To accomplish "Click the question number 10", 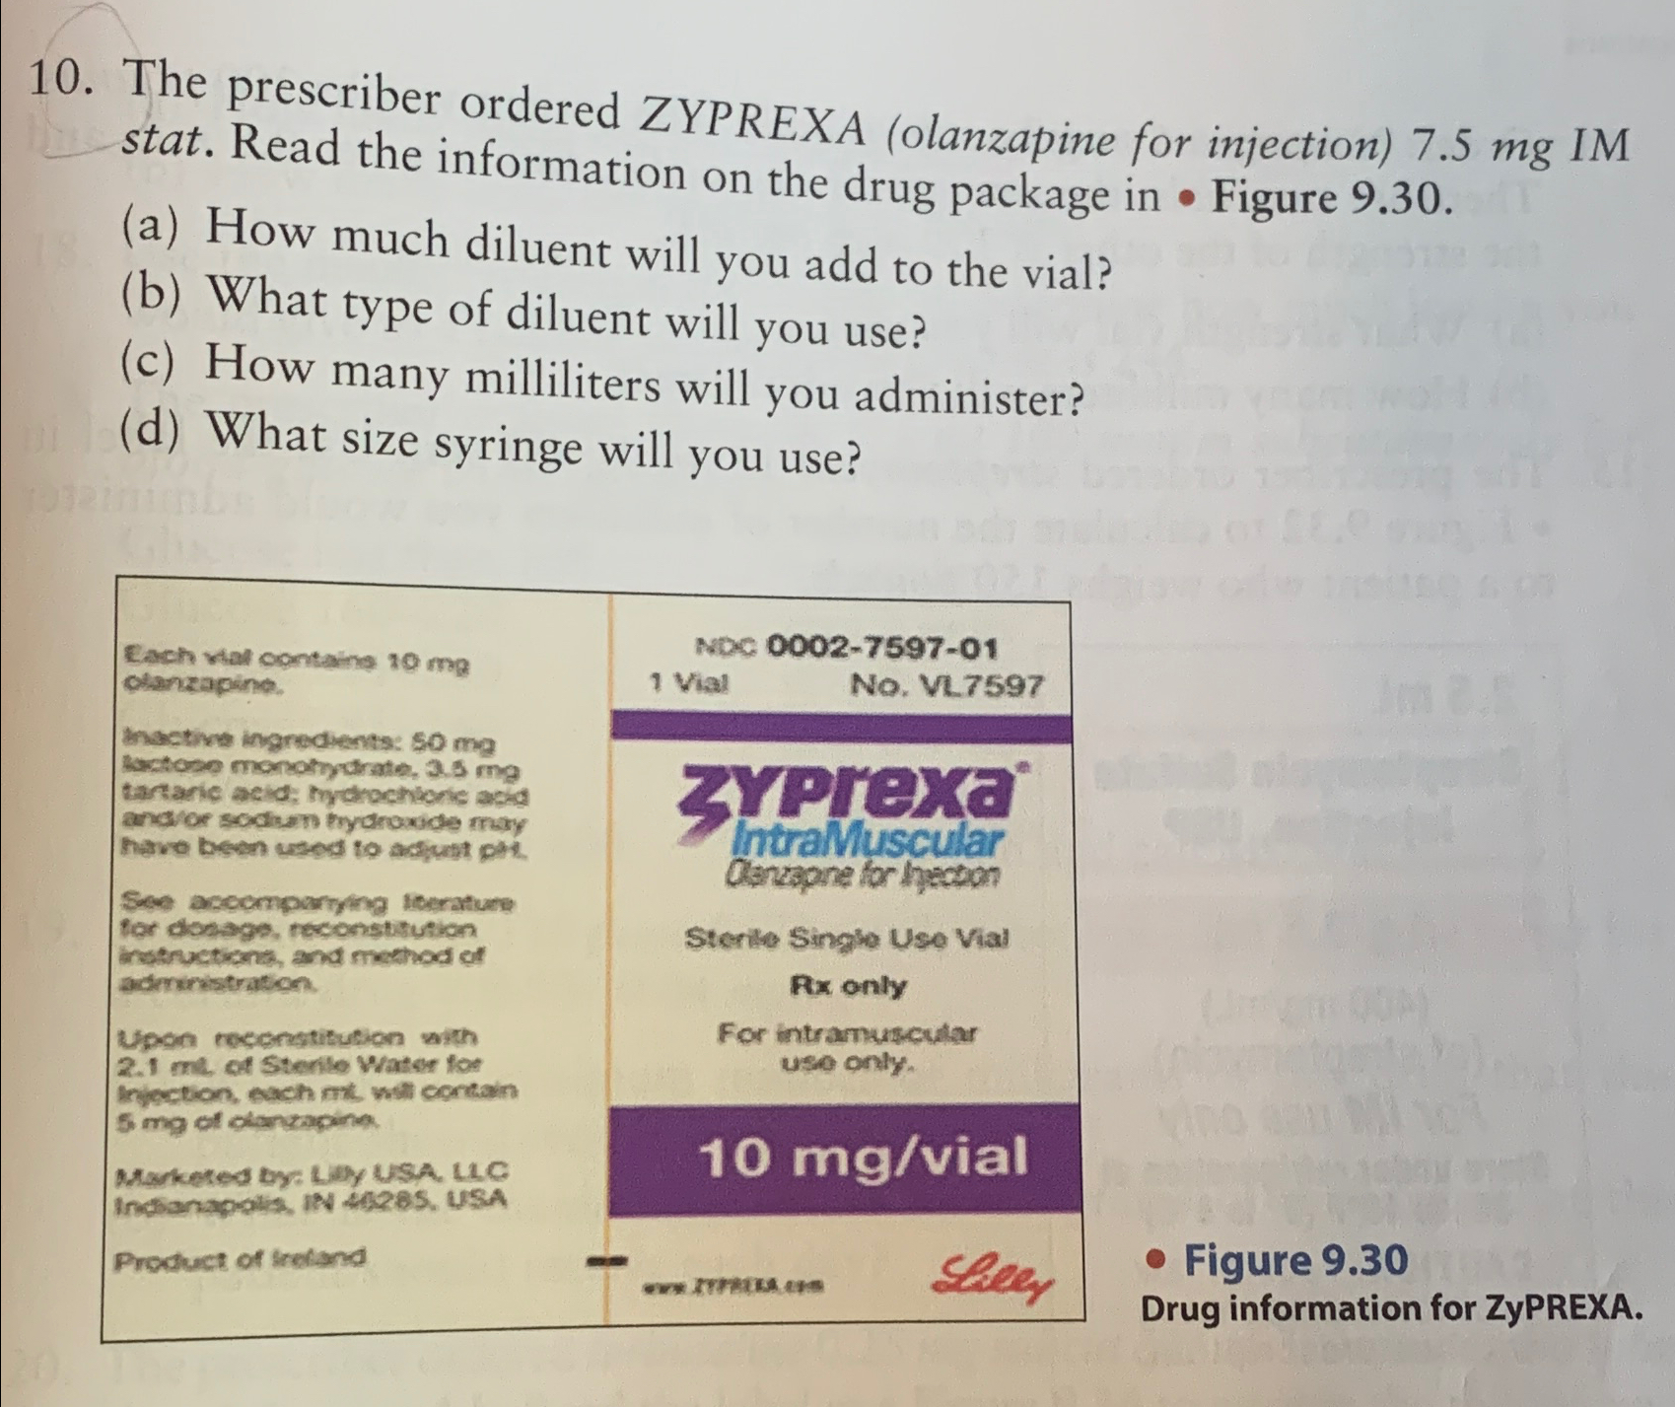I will pyautogui.click(x=61, y=78).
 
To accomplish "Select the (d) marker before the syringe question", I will pyautogui.click(x=149, y=430).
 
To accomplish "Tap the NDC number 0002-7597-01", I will pyautogui.click(x=881, y=648).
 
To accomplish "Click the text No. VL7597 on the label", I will pyautogui.click(x=945, y=685).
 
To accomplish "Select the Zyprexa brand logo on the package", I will pyautogui.click(x=849, y=794).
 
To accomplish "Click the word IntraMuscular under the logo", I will pyautogui.click(x=868, y=841).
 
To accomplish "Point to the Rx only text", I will pyautogui.click(x=848, y=985).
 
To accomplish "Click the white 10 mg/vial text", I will pyautogui.click(x=863, y=1156).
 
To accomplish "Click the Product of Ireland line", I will pyautogui.click(x=240, y=1259).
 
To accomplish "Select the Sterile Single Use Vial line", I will pyautogui.click(x=847, y=937).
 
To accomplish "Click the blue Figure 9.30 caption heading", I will pyautogui.click(x=1294, y=1260).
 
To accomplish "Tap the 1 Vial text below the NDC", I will pyautogui.click(x=688, y=682).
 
